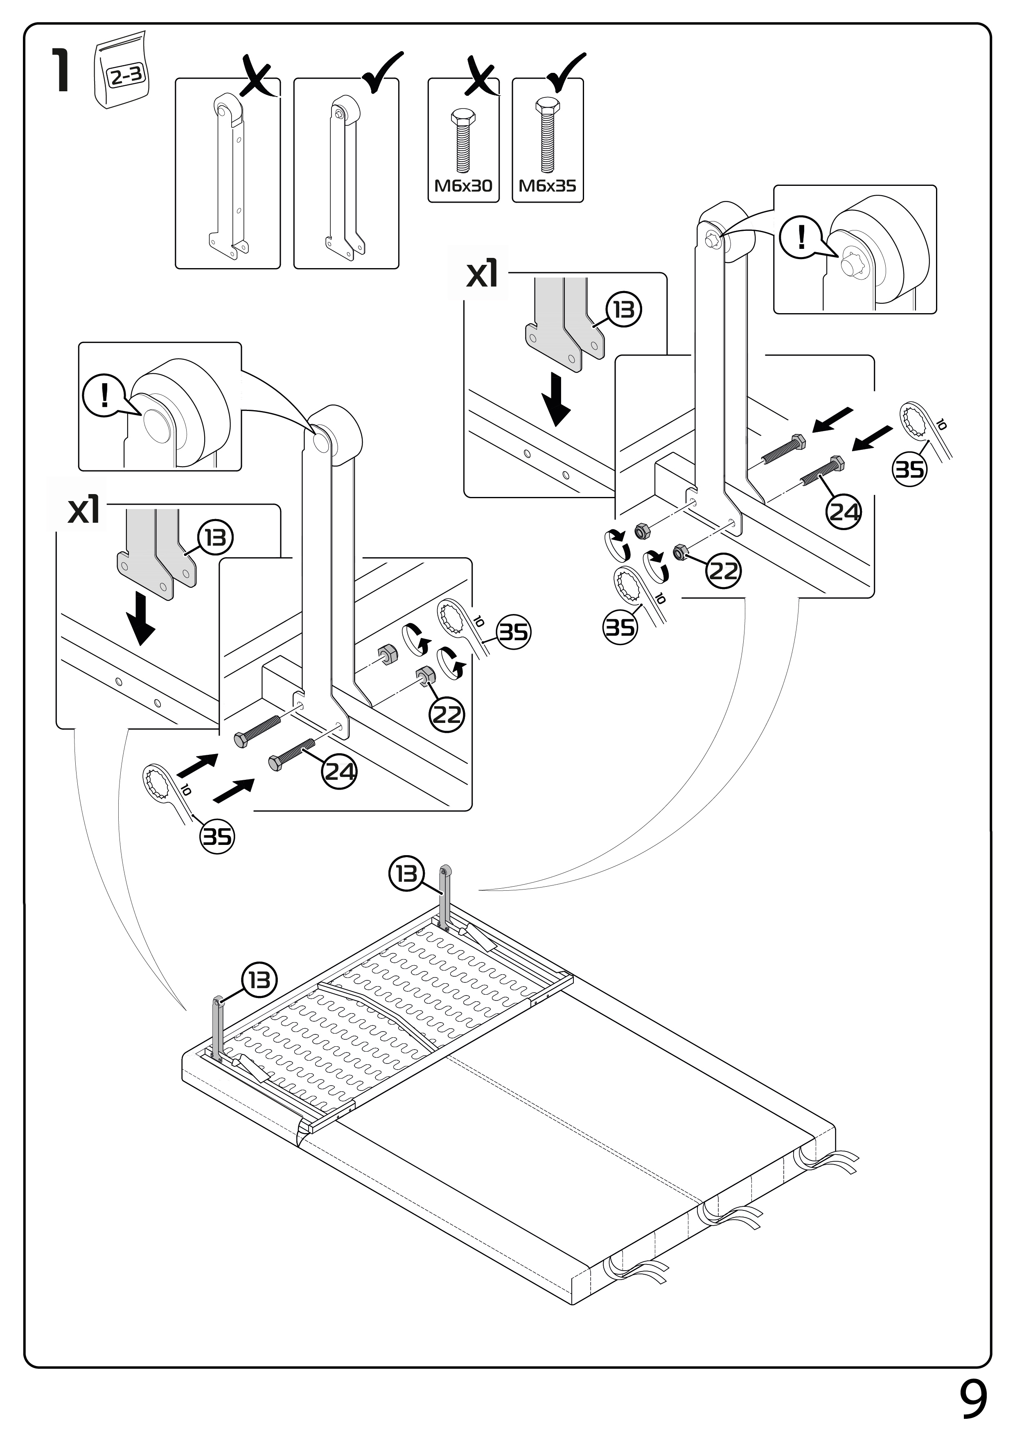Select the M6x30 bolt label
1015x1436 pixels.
pyautogui.click(x=463, y=186)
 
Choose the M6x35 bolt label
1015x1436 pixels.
pyautogui.click(x=547, y=186)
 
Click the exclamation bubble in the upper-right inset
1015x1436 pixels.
pyautogui.click(x=801, y=237)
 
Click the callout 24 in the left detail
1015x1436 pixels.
pyautogui.click(x=340, y=771)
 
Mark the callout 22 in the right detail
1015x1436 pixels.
pyautogui.click(x=724, y=570)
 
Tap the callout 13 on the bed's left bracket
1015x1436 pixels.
pyautogui.click(x=259, y=980)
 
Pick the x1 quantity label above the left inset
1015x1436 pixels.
pyautogui.click(x=84, y=510)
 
